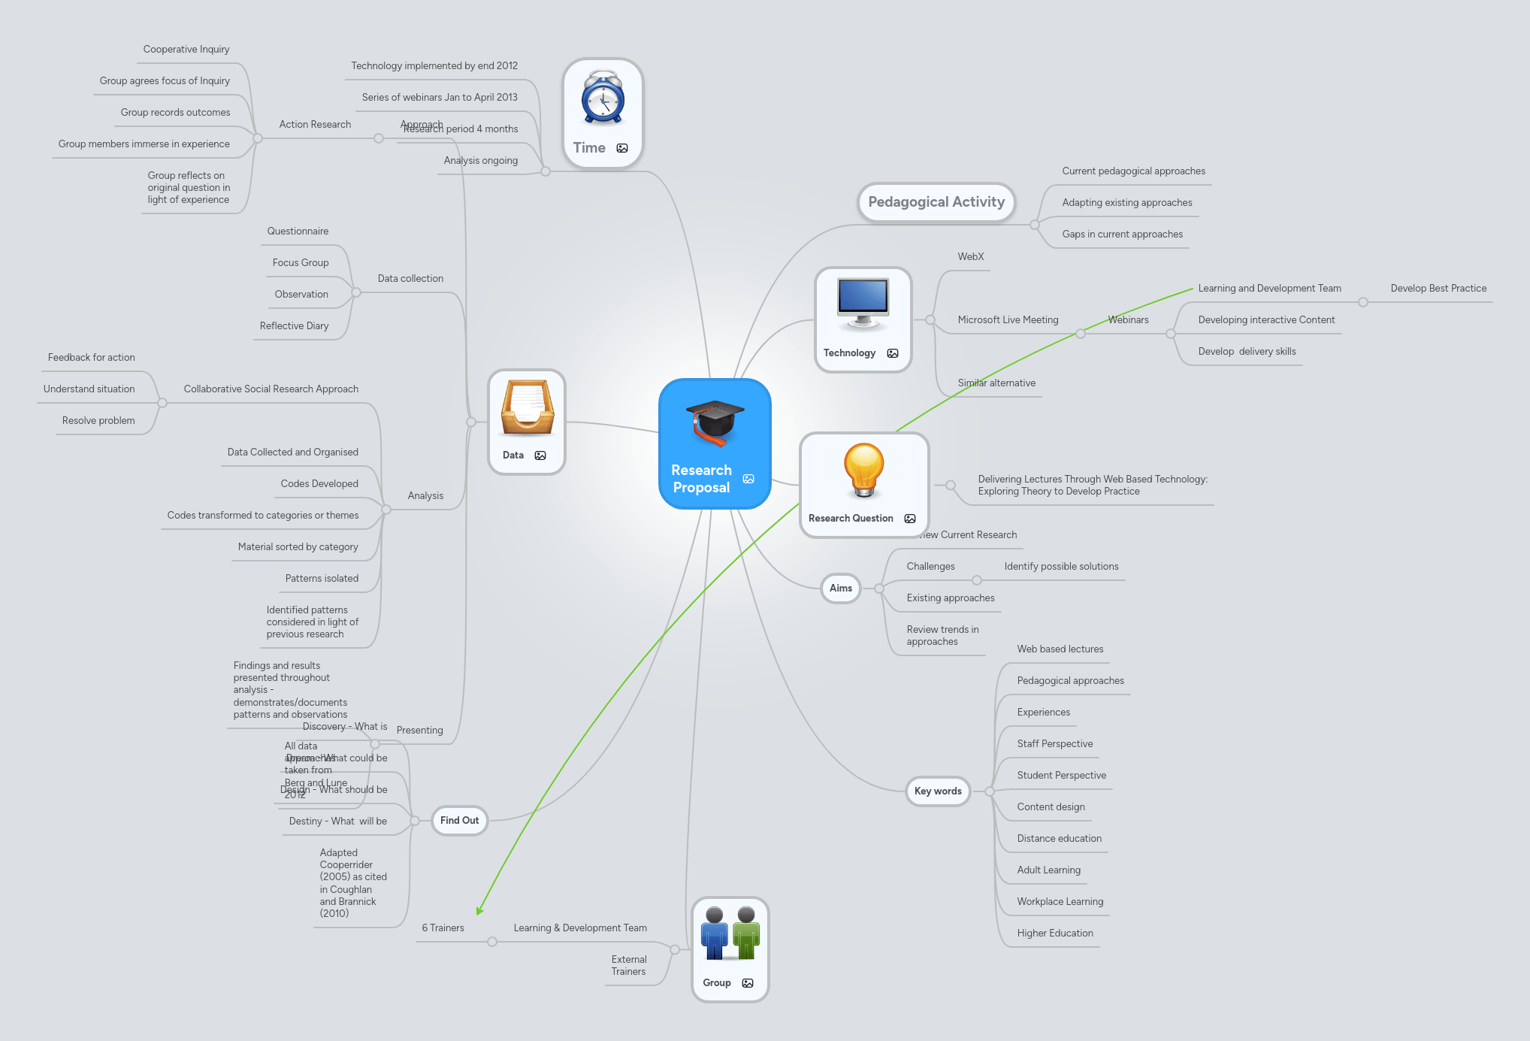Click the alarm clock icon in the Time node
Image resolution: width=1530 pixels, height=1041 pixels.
[603, 98]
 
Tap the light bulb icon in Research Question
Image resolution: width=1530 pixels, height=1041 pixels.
[863, 469]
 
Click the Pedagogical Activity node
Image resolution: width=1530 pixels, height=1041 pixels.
[936, 202]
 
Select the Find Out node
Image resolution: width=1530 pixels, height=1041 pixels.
[459, 820]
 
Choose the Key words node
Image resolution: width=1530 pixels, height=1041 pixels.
[937, 791]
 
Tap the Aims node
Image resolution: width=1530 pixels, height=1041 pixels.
[840, 588]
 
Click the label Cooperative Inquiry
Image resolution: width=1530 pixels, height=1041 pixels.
[186, 50]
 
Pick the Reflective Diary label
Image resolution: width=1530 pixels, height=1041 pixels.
[294, 325]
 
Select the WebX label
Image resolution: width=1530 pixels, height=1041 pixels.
[970, 257]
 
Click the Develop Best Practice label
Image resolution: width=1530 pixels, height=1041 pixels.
[1438, 289]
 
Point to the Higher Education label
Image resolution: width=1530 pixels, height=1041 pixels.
[1054, 933]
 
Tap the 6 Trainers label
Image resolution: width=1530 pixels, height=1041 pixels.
[443, 928]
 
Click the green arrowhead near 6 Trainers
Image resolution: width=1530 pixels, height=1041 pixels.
[479, 910]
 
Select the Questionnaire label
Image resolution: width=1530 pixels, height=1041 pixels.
[298, 232]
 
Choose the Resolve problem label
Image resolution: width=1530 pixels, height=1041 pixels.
[98, 421]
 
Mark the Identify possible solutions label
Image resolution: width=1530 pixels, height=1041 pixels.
[1060, 567]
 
